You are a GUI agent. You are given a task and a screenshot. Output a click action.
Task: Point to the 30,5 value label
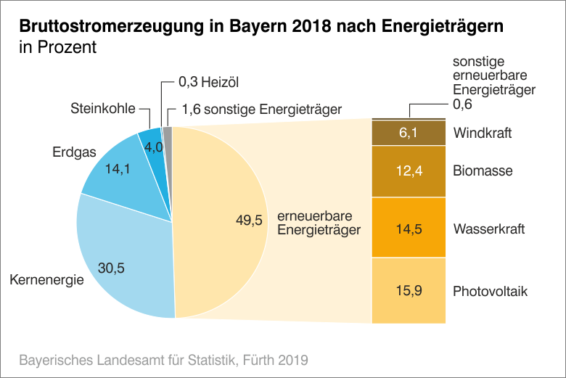coord(111,268)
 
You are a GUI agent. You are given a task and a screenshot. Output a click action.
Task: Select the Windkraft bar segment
coord(407,133)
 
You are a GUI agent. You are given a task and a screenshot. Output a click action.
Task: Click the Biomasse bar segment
coord(407,172)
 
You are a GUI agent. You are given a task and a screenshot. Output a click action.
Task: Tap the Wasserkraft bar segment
coord(407,228)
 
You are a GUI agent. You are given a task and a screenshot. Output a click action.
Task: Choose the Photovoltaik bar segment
coord(407,290)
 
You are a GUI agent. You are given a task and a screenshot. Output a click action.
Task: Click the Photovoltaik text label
coord(490,292)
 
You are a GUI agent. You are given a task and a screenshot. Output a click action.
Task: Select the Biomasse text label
coord(483,172)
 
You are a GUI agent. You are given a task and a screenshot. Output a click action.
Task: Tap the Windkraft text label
coord(483,133)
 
